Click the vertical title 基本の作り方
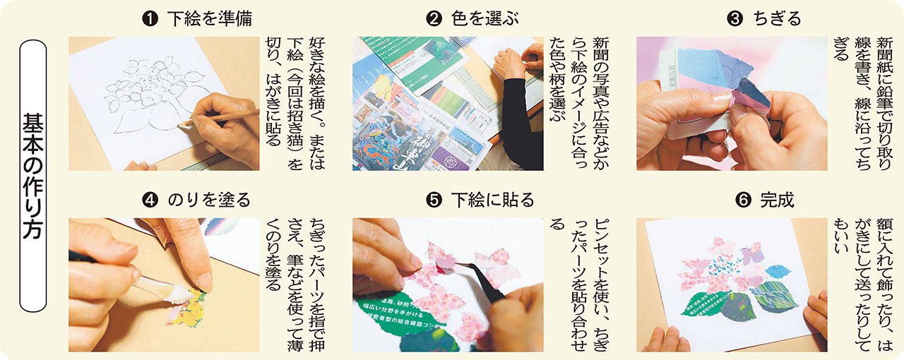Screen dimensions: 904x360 click(x=32, y=176)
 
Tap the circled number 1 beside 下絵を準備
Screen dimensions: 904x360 click(x=150, y=19)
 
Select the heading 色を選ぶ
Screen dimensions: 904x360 click(x=485, y=19)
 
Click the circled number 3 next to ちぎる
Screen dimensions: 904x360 click(x=734, y=19)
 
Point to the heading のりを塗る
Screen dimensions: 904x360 click(x=209, y=200)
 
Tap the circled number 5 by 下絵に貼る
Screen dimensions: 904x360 click(x=434, y=200)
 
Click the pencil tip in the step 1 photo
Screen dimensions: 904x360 click(x=180, y=124)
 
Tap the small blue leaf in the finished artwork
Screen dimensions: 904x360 click(x=776, y=272)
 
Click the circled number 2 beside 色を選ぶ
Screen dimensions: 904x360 click(x=434, y=19)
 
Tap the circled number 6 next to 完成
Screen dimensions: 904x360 click(x=744, y=200)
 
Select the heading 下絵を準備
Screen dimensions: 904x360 click(x=210, y=19)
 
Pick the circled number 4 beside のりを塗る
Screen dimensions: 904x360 click(x=150, y=200)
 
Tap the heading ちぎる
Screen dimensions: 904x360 click(x=778, y=19)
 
